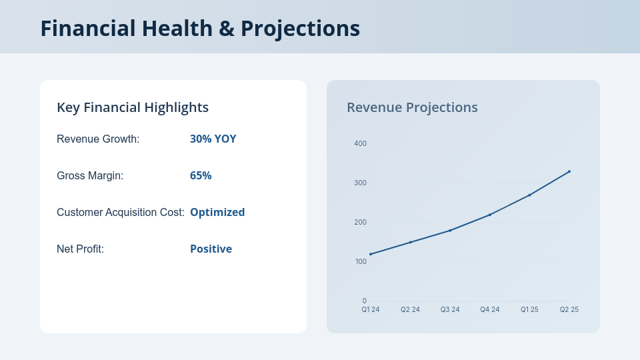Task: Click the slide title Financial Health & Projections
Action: click(x=200, y=28)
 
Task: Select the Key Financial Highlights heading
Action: click(x=133, y=107)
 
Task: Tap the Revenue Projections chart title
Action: click(x=412, y=107)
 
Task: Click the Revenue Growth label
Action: click(x=98, y=139)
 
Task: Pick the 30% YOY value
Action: click(x=213, y=139)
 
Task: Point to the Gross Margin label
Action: click(x=90, y=176)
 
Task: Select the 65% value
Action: click(x=201, y=176)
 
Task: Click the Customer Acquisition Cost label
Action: click(x=121, y=213)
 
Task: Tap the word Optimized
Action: click(x=217, y=213)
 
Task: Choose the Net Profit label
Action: click(x=80, y=249)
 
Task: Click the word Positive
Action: click(x=211, y=249)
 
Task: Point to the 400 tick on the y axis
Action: click(x=360, y=143)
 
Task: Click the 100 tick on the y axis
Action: click(x=360, y=261)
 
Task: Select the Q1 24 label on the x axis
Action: click(x=371, y=309)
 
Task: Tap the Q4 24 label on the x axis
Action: click(x=489, y=309)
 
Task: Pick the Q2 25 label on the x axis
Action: click(x=569, y=309)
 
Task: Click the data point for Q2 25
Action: click(x=569, y=171)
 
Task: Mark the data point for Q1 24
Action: click(x=371, y=254)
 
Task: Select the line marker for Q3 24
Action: click(x=450, y=230)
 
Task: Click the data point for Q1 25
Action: click(x=529, y=195)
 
